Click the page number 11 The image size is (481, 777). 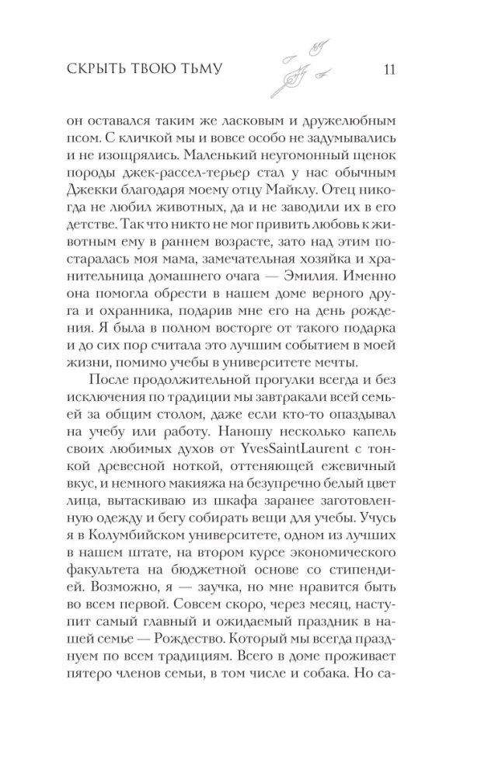pyautogui.click(x=390, y=70)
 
